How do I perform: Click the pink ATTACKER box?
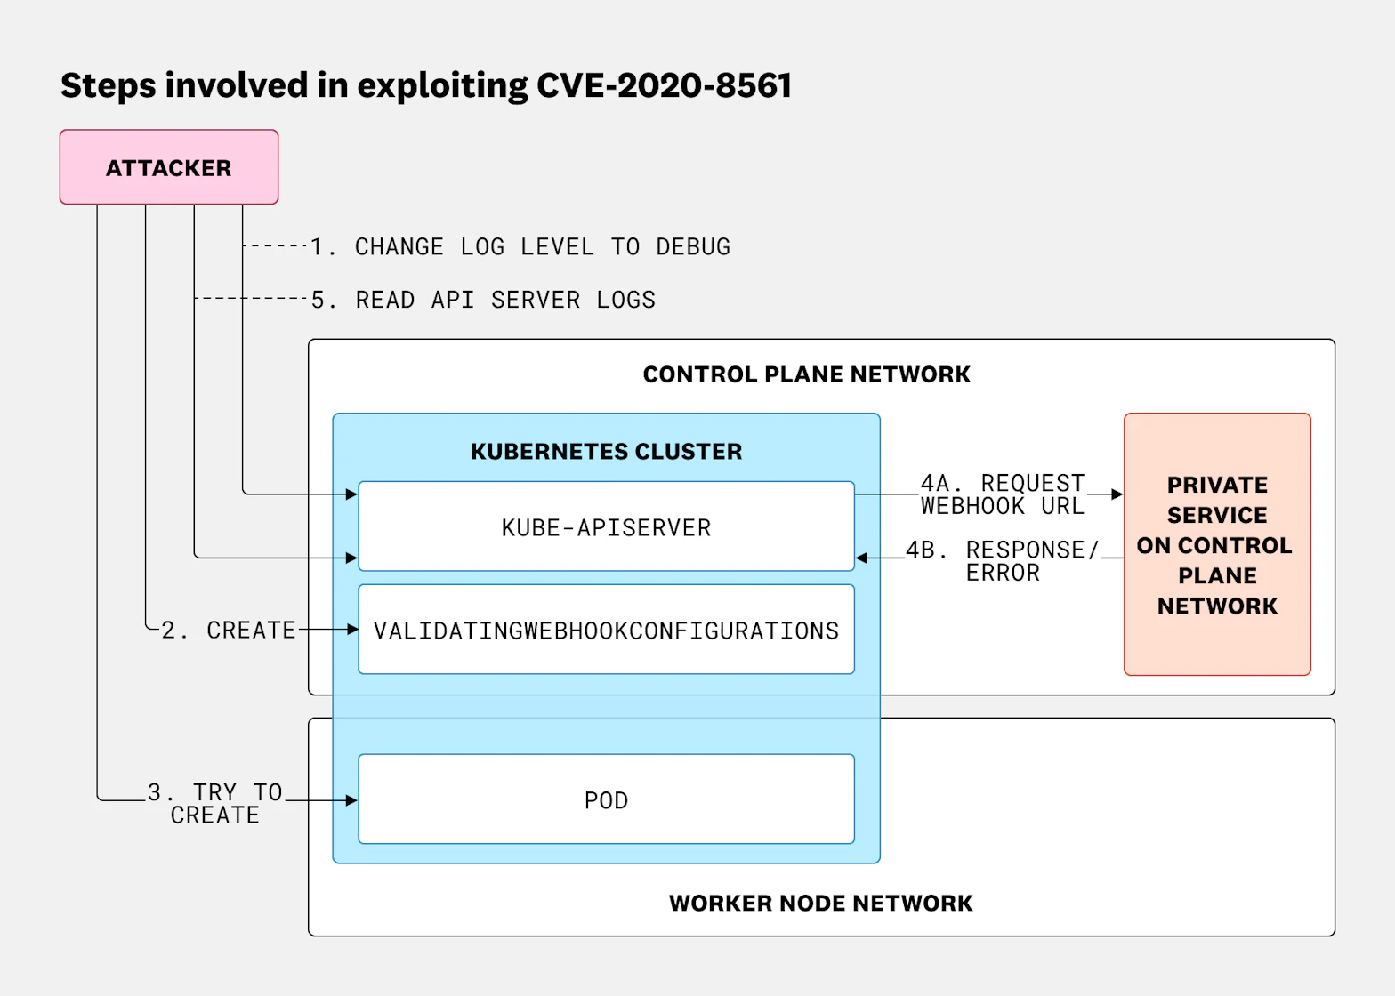pyautogui.click(x=169, y=167)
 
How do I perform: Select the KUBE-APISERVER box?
pyautogui.click(x=606, y=527)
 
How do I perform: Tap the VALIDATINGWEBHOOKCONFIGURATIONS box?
pyautogui.click(x=606, y=630)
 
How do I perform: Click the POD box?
pyautogui.click(x=606, y=799)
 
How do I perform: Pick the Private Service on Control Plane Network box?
pyautogui.click(x=1216, y=544)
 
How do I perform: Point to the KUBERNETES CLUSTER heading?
pyautogui.click(x=606, y=451)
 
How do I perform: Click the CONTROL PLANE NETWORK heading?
pyautogui.click(x=806, y=373)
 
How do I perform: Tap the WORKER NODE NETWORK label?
pyautogui.click(x=820, y=903)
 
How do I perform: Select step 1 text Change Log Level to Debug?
pyautogui.click(x=520, y=246)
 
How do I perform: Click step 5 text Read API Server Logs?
pyautogui.click(x=483, y=300)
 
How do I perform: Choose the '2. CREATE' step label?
pyautogui.click(x=229, y=630)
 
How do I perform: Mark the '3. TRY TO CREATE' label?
pyautogui.click(x=215, y=803)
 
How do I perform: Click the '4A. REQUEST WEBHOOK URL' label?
pyautogui.click(x=1003, y=494)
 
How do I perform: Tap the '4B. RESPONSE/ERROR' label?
pyautogui.click(x=1003, y=560)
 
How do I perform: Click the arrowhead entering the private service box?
pyautogui.click(x=1117, y=494)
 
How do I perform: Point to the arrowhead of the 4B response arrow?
pyautogui.click(x=861, y=558)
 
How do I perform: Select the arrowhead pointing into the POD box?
pyautogui.click(x=352, y=800)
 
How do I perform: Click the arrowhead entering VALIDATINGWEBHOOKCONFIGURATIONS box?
pyautogui.click(x=352, y=630)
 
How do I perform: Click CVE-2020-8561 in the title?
pyautogui.click(x=664, y=85)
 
